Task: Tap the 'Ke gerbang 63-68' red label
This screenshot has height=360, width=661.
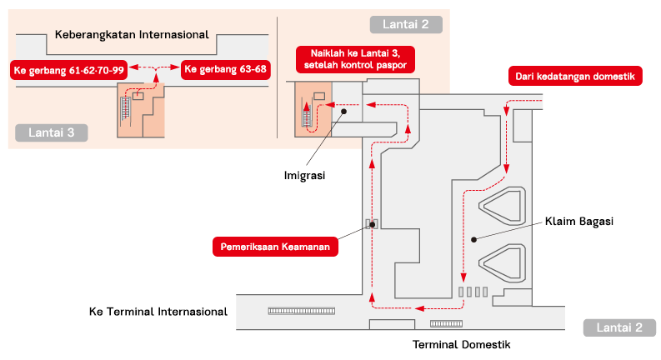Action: click(226, 69)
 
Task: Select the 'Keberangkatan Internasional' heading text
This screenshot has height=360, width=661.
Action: click(131, 35)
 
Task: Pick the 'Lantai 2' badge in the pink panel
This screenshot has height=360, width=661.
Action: click(406, 24)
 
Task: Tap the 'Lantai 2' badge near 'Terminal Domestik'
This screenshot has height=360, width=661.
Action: click(619, 327)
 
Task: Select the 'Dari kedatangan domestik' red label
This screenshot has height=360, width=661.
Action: click(574, 76)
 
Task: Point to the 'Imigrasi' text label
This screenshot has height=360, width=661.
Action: click(303, 175)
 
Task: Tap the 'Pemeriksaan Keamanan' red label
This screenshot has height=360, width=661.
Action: click(275, 247)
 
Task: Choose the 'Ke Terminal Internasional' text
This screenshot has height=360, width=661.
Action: click(158, 312)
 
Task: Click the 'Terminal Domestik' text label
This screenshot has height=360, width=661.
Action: click(461, 344)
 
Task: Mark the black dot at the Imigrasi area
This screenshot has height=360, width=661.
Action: click(343, 109)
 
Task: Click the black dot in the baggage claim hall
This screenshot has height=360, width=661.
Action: click(473, 239)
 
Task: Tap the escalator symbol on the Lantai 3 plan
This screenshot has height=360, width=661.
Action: click(128, 108)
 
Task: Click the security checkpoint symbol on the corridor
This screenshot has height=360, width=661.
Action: click(372, 224)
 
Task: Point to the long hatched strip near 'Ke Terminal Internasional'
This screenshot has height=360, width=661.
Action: click(301, 310)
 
